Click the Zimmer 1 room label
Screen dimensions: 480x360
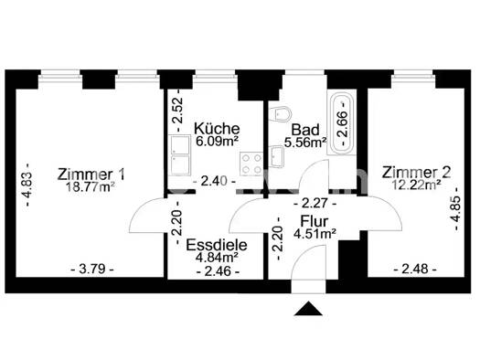91,175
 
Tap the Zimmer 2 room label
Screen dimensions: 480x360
416,173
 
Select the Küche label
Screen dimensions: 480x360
217,129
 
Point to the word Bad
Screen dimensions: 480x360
305,130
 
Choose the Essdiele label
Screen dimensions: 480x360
217,245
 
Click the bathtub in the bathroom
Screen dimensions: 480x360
341,123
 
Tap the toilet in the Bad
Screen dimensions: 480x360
282,114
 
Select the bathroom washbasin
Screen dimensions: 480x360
278,156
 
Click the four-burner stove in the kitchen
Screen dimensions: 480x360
251,164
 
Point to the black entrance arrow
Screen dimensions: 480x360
308,308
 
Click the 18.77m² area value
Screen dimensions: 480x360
91,187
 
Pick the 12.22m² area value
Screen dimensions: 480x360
417,185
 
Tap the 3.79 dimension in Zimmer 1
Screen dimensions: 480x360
92,270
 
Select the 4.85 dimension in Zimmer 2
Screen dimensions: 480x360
456,209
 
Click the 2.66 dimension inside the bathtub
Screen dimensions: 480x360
343,123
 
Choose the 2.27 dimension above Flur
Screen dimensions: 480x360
315,203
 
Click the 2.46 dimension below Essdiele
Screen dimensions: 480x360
218,271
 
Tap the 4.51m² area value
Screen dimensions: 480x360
315,234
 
